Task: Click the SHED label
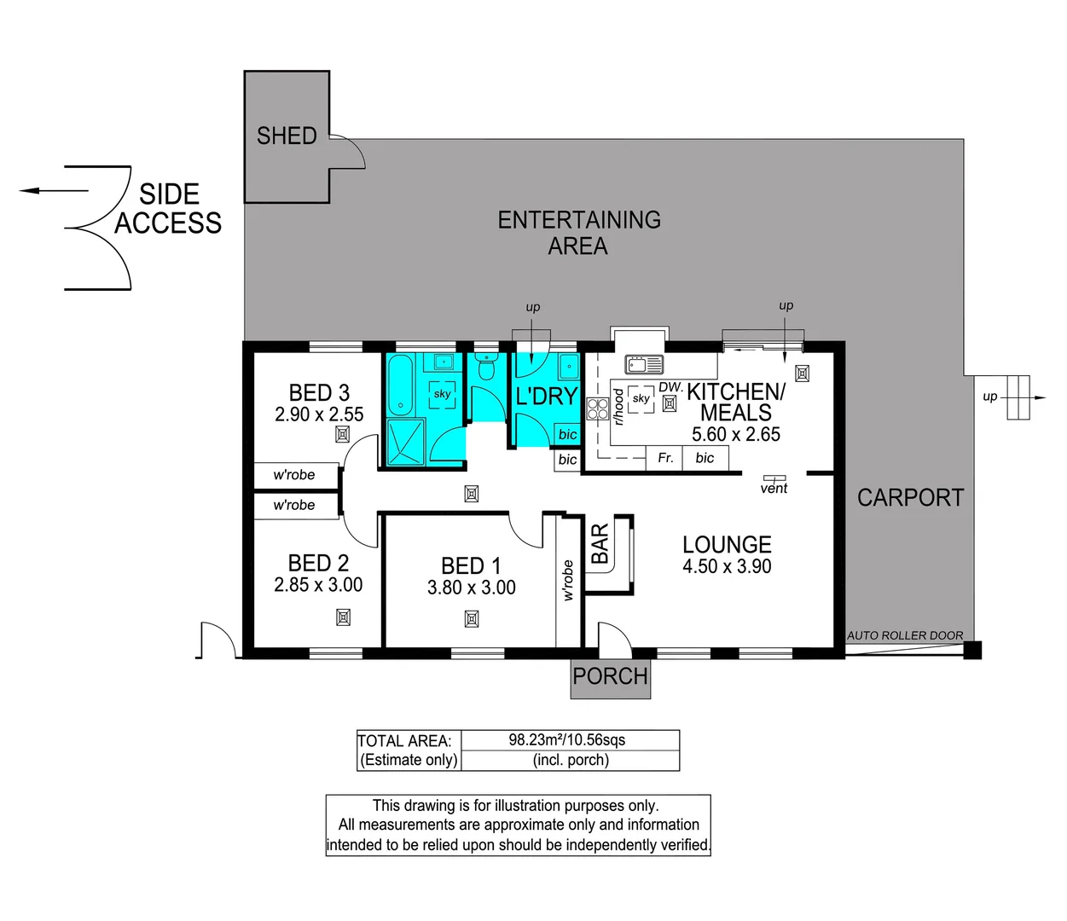tap(287, 136)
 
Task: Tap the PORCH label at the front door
tap(610, 676)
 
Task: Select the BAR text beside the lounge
tap(600, 543)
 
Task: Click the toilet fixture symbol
tap(486, 366)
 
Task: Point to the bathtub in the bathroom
tap(400, 385)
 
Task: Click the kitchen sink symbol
tap(644, 364)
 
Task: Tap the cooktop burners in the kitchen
tap(597, 408)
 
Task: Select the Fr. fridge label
tap(665, 457)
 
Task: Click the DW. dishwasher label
tap(670, 387)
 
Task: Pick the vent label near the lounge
tap(774, 488)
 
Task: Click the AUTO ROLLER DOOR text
tap(905, 635)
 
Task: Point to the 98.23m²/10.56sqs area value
tap(567, 740)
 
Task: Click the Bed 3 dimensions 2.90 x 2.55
tap(319, 414)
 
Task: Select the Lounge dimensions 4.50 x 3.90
tap(727, 565)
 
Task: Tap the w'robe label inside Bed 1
tap(568, 580)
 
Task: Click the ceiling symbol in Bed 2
tap(343, 617)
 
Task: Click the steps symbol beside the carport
tap(1018, 397)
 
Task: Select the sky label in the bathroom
tap(442, 393)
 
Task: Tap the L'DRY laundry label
tap(547, 396)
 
